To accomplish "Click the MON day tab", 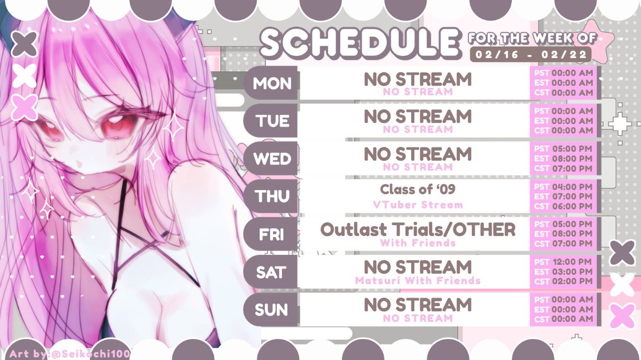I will click(271, 83).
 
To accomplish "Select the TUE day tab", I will click(271, 121).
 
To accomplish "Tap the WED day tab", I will click(271, 159).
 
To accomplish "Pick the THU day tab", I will click(271, 197).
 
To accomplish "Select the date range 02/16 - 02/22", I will click(530, 54).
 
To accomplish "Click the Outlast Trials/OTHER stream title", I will click(418, 230).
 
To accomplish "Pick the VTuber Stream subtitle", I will click(418, 205).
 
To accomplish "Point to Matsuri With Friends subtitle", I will click(418, 280).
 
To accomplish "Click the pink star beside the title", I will click(597, 37).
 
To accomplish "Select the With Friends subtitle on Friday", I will click(418, 243).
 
